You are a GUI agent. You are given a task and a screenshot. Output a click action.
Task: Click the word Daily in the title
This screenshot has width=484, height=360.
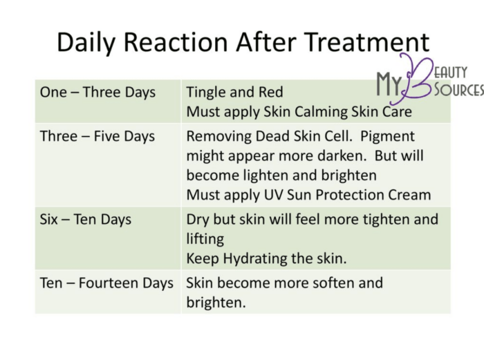86,43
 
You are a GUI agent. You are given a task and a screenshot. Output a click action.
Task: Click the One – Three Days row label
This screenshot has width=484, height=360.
97,92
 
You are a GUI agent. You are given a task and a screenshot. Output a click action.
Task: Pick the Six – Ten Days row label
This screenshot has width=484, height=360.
86,220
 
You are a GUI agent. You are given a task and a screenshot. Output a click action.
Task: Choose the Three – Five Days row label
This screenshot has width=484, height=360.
97,136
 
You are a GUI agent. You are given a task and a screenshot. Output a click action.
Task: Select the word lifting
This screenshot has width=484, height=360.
205,239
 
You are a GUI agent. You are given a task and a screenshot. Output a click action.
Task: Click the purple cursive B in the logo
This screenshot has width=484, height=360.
410,79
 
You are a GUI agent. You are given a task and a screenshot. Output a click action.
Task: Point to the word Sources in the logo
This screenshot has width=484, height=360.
459,89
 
